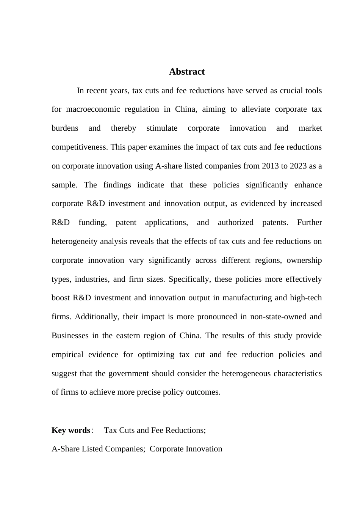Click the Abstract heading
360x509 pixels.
coord(187,72)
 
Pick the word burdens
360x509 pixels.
coord(65,128)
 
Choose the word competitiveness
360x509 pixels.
coord(80,147)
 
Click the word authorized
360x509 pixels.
coord(235,222)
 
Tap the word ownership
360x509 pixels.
coord(304,260)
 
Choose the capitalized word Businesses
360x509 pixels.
coord(70,336)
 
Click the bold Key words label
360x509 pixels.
coord(71,430)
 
